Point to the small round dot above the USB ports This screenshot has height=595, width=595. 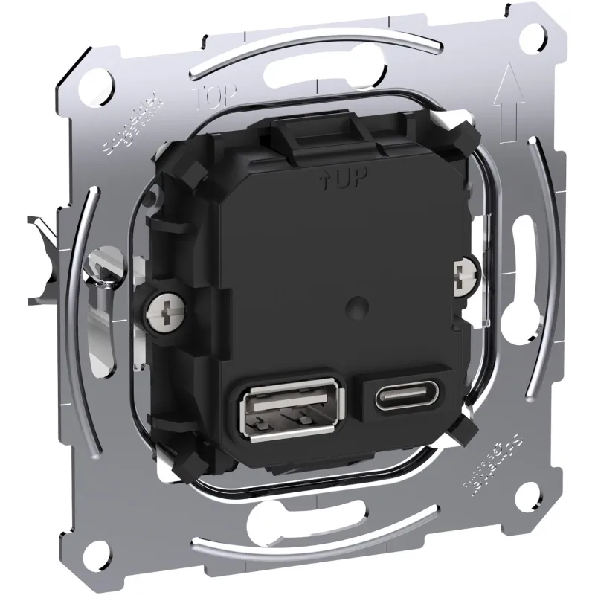(x=358, y=305)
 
